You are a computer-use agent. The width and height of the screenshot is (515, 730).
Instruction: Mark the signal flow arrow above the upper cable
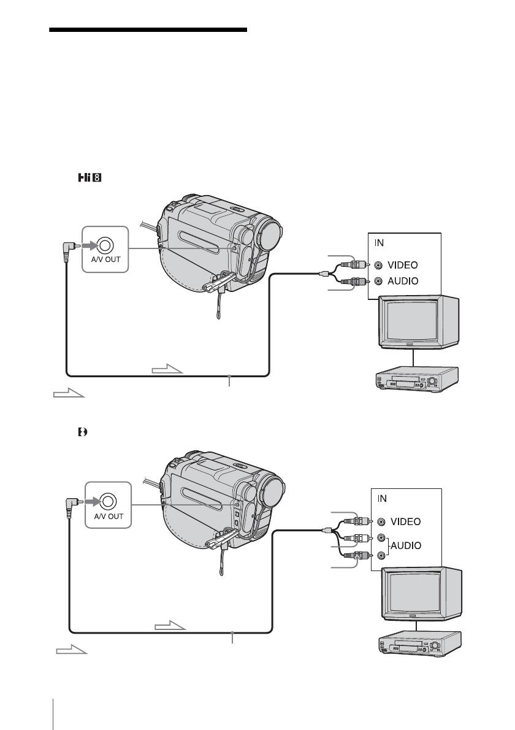167,369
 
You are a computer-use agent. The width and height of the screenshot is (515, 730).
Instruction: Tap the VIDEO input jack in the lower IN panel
382,522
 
